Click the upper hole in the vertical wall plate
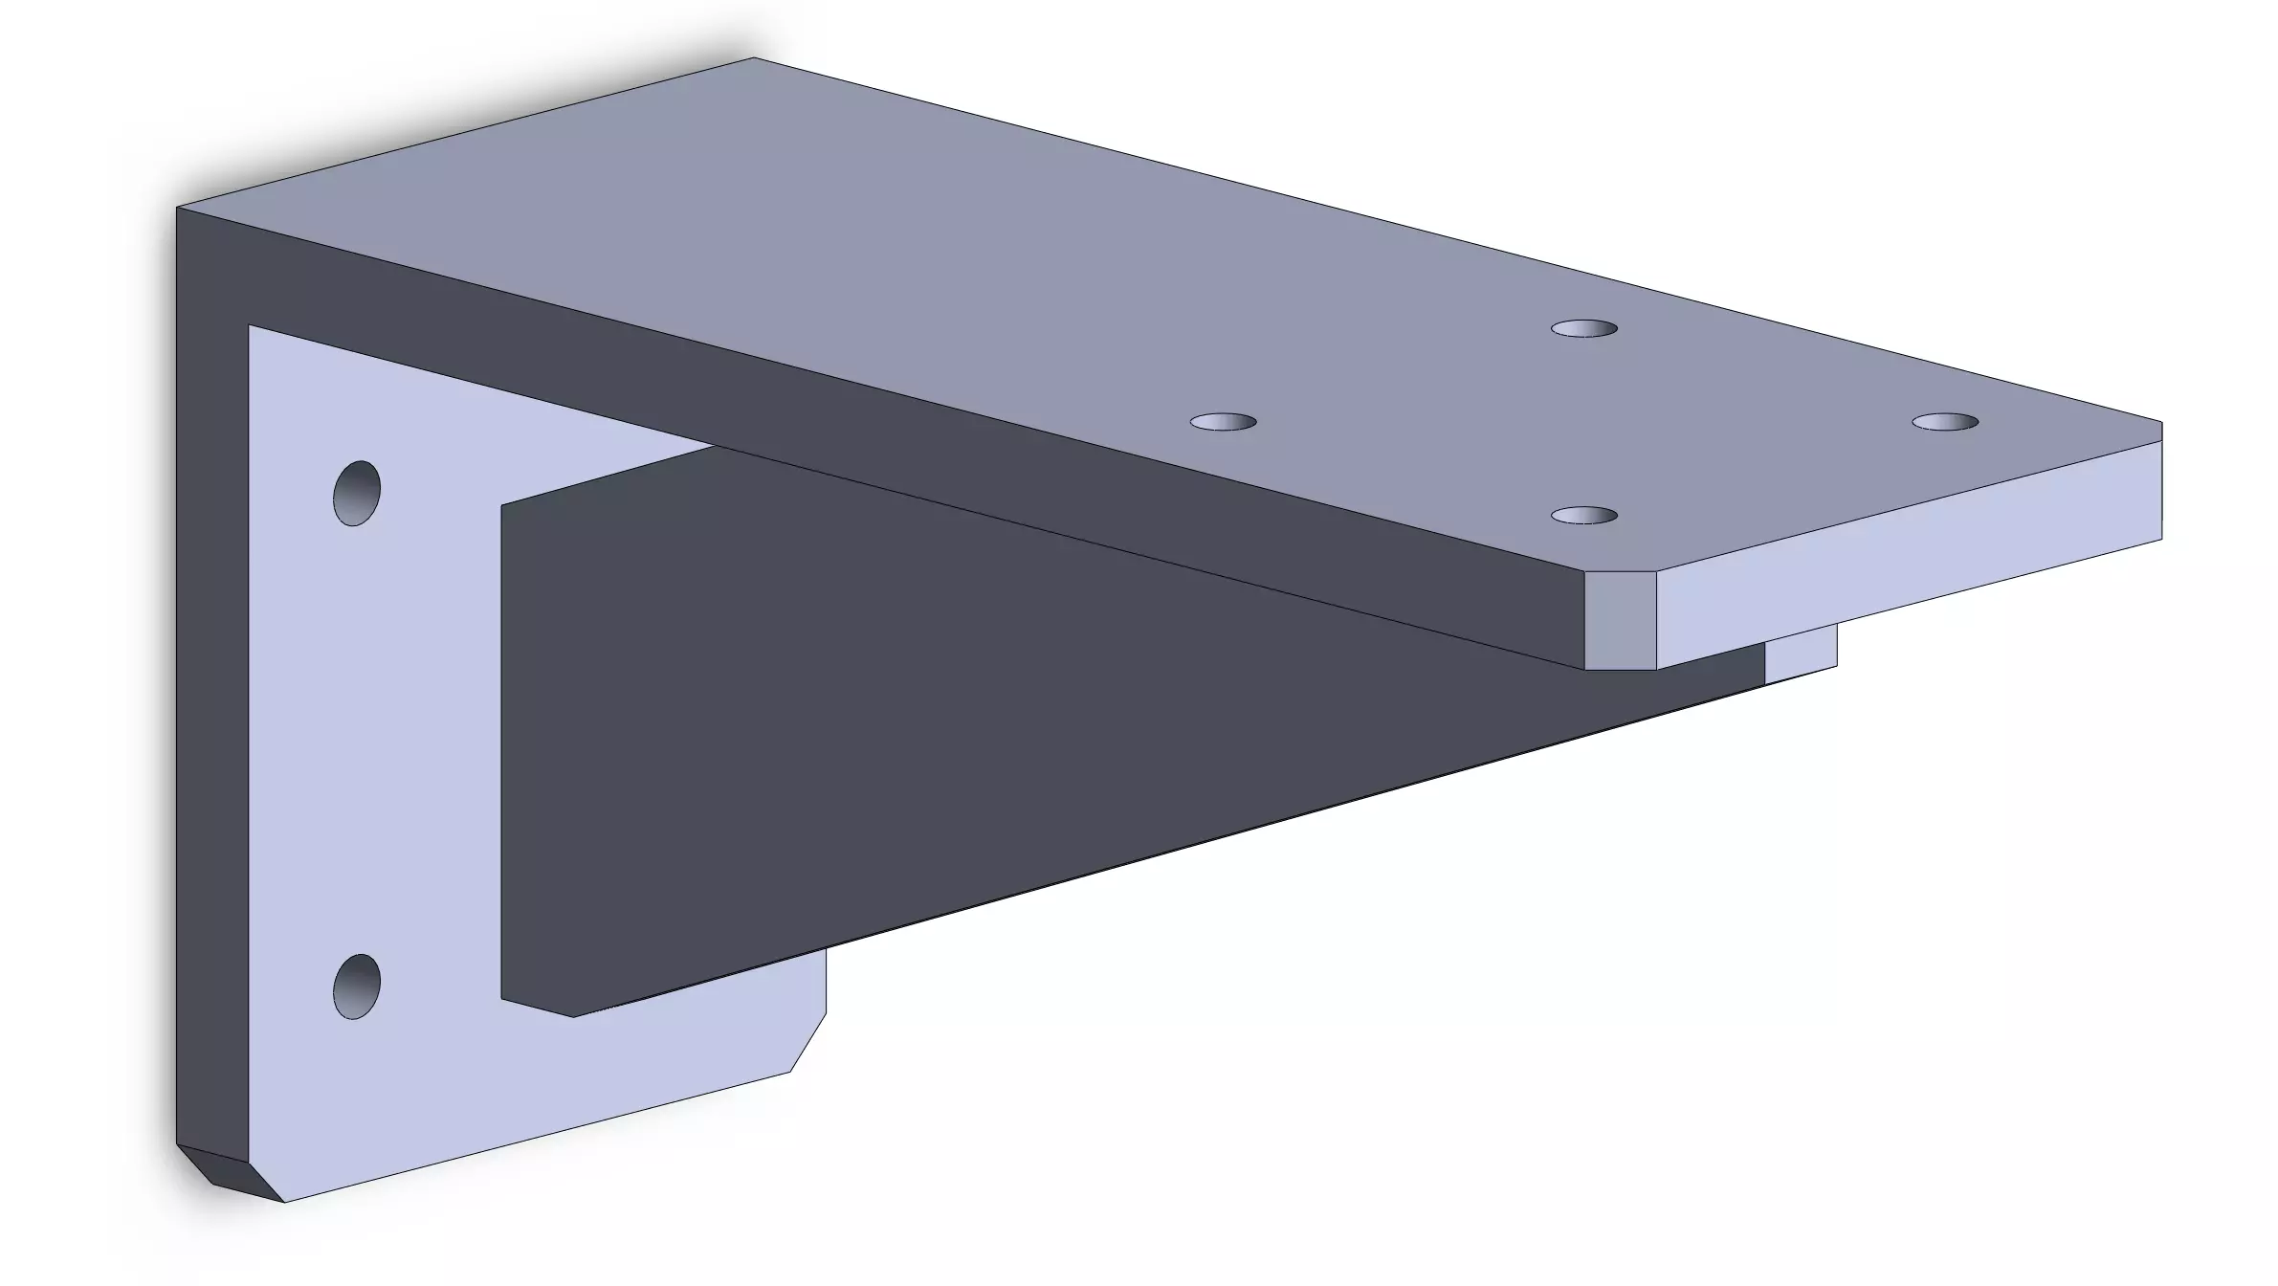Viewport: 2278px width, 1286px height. coord(357,493)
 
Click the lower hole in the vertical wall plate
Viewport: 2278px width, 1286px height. coord(357,986)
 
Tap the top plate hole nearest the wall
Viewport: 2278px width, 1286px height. coord(1223,422)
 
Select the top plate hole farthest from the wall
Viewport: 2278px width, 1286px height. coord(1945,422)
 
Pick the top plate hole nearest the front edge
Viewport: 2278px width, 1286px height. coord(1583,516)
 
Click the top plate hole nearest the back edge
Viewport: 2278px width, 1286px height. coord(1583,329)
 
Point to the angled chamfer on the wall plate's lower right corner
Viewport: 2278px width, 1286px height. coord(808,1042)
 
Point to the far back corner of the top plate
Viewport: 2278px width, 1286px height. coord(753,59)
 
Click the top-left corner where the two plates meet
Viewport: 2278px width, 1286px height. coord(178,208)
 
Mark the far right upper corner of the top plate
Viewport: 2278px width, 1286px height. coord(2161,422)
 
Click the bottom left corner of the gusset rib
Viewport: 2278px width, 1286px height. coord(503,999)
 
